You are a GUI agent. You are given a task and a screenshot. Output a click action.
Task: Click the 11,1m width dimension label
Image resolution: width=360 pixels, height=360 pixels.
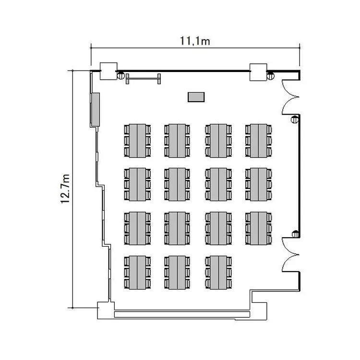(x=194, y=41)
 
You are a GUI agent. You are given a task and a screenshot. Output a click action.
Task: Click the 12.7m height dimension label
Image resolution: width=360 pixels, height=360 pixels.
(x=66, y=189)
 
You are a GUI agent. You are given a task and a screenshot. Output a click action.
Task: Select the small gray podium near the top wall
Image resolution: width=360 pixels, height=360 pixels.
(x=195, y=97)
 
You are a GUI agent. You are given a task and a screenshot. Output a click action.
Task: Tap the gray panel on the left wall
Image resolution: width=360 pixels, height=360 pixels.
(x=95, y=109)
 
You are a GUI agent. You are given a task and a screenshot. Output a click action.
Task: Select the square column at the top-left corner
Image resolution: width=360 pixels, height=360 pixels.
(x=108, y=71)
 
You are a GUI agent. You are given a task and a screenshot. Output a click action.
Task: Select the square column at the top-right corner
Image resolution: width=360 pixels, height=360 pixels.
(x=258, y=71)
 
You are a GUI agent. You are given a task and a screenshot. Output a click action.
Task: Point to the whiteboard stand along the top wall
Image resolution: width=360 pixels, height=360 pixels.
(x=143, y=78)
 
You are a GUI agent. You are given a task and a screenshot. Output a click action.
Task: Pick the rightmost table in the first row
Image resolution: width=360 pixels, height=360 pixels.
(x=259, y=140)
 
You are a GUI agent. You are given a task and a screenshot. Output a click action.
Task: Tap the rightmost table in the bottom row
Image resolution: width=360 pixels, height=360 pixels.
(x=218, y=272)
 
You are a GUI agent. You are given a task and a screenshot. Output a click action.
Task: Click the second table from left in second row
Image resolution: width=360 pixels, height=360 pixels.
(x=178, y=184)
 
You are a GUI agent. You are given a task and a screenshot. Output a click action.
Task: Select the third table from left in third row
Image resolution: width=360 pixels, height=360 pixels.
(x=218, y=228)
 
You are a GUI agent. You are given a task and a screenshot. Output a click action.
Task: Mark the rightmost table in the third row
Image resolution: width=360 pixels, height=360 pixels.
(x=259, y=228)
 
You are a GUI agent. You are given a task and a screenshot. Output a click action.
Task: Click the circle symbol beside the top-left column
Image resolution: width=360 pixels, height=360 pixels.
(x=120, y=74)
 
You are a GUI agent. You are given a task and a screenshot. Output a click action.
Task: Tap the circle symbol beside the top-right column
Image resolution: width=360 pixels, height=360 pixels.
(x=271, y=74)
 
